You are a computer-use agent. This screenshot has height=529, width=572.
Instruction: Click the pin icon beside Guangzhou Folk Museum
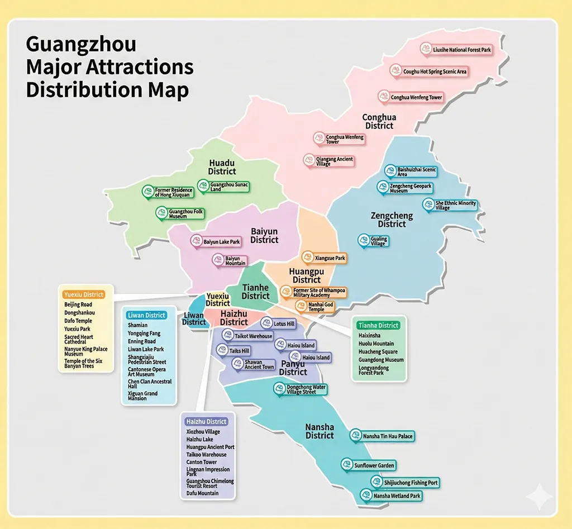(161, 213)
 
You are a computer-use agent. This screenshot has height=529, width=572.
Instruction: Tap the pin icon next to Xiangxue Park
(307, 258)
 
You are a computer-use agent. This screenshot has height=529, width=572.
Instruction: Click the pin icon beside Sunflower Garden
(347, 464)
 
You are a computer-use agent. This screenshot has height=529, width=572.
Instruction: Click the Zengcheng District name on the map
(392, 220)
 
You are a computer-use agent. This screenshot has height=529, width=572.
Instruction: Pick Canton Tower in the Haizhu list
(202, 462)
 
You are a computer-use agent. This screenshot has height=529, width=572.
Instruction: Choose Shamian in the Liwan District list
(138, 325)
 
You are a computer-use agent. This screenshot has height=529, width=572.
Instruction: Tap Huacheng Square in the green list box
(378, 352)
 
